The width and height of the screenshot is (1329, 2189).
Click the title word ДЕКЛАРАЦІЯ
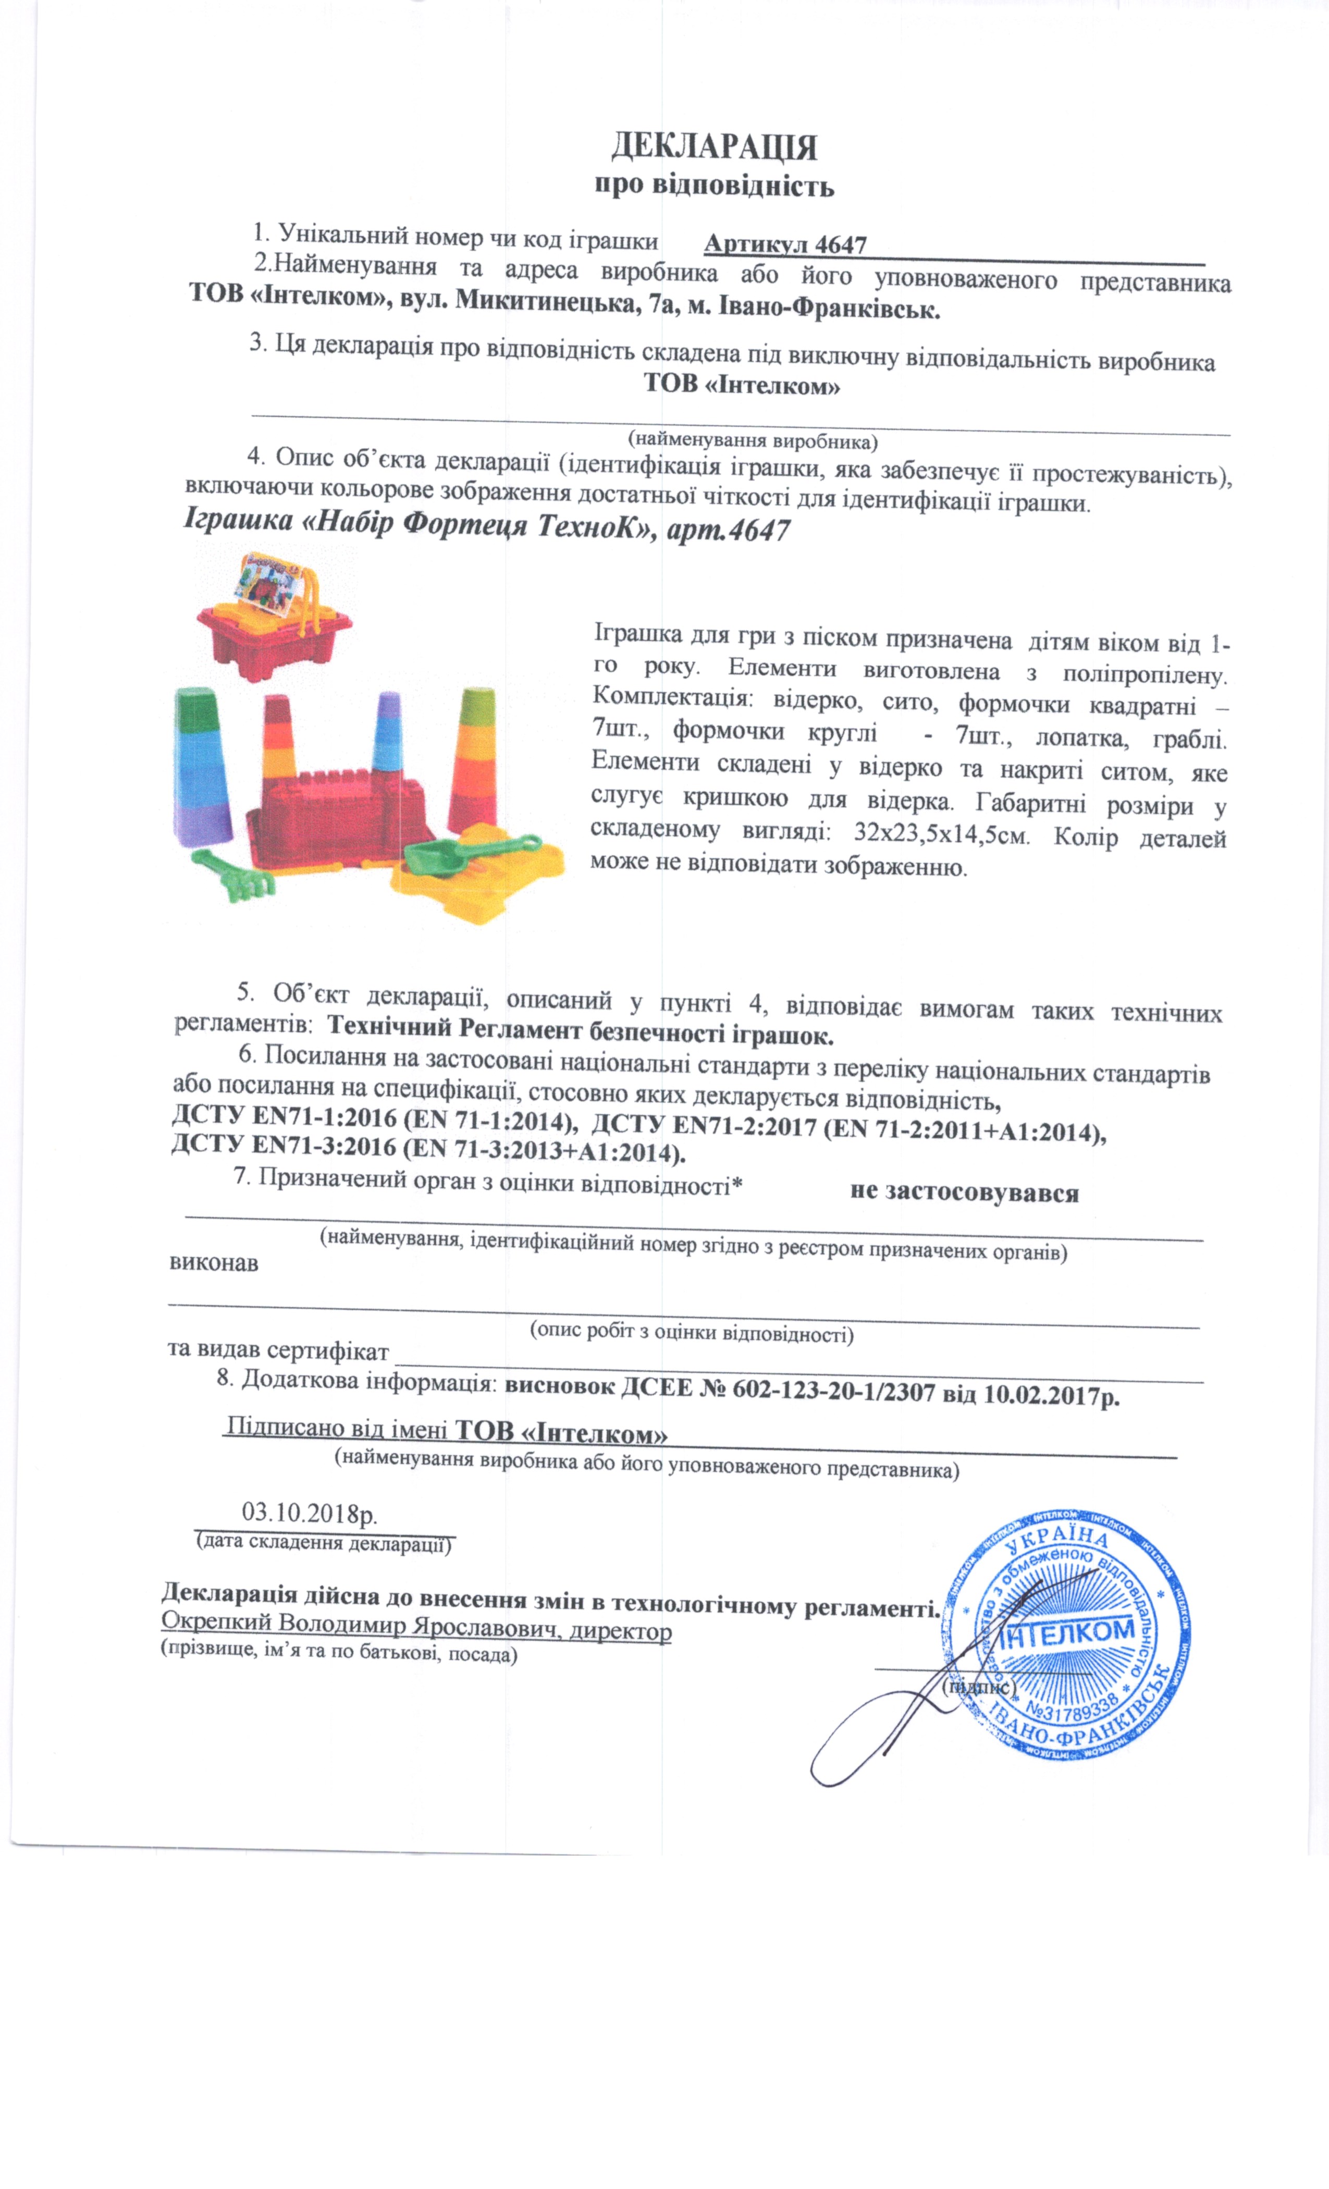click(713, 146)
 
